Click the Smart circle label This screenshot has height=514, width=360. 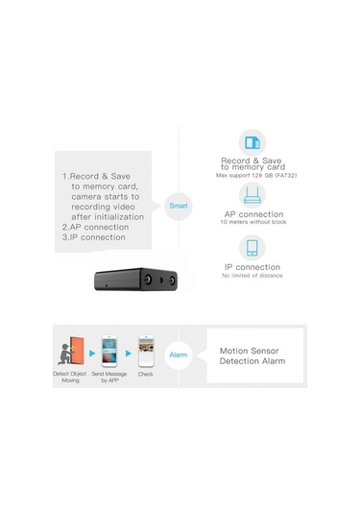click(180, 206)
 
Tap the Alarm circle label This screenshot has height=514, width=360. click(179, 354)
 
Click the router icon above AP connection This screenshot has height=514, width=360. click(252, 195)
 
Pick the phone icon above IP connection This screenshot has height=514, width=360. click(252, 247)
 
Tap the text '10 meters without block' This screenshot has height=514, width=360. click(252, 223)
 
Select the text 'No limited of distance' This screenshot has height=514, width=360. click(252, 276)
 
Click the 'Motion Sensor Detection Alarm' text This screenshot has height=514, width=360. click(253, 356)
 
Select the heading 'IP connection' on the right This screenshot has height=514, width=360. click(252, 267)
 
